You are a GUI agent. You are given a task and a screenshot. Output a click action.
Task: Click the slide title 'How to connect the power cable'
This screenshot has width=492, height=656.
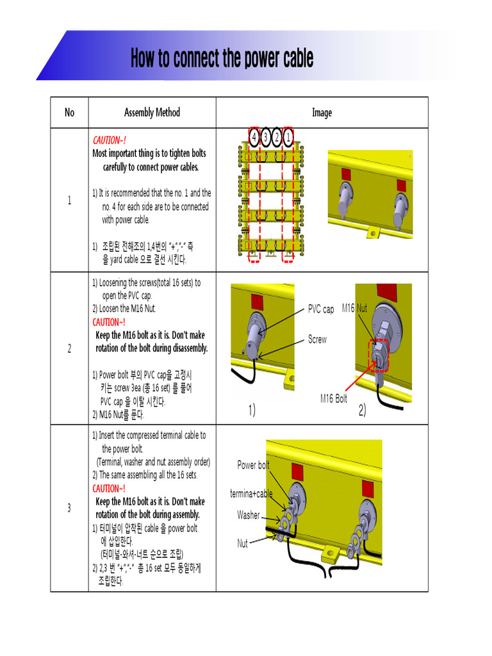tap(222, 58)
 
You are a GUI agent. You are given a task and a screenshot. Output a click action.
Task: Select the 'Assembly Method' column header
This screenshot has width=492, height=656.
tap(152, 113)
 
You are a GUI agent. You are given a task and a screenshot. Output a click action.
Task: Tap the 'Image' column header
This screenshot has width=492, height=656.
tap(322, 113)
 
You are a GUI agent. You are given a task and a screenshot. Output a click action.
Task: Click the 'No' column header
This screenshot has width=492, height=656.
tap(69, 113)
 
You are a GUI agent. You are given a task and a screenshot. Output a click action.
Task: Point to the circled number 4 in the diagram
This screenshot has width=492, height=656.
tap(254, 137)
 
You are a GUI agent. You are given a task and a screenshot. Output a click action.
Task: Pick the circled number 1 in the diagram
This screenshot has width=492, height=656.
tap(288, 137)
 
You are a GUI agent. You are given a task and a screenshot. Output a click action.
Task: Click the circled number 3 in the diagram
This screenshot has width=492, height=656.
tap(265, 137)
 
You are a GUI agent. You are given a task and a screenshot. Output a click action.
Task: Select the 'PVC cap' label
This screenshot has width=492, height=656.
tap(320, 309)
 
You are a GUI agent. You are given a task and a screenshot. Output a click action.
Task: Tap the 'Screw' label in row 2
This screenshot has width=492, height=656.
tap(317, 340)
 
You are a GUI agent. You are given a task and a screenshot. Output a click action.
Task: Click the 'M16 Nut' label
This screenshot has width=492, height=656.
tap(354, 308)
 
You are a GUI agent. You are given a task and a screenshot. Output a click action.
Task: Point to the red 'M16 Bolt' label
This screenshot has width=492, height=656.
tap(334, 398)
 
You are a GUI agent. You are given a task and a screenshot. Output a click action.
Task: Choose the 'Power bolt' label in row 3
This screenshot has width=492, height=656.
tap(253, 465)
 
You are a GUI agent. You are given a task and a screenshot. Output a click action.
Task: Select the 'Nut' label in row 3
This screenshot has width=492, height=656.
tap(242, 543)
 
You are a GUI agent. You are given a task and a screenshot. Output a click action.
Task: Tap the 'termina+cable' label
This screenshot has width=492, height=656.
tap(251, 493)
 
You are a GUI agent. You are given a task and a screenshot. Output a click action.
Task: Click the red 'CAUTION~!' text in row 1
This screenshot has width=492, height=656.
tap(110, 140)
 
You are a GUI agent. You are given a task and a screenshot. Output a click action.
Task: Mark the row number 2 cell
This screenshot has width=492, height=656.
tap(69, 348)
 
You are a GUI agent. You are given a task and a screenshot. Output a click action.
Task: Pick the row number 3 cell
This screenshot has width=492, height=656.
tap(69, 508)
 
